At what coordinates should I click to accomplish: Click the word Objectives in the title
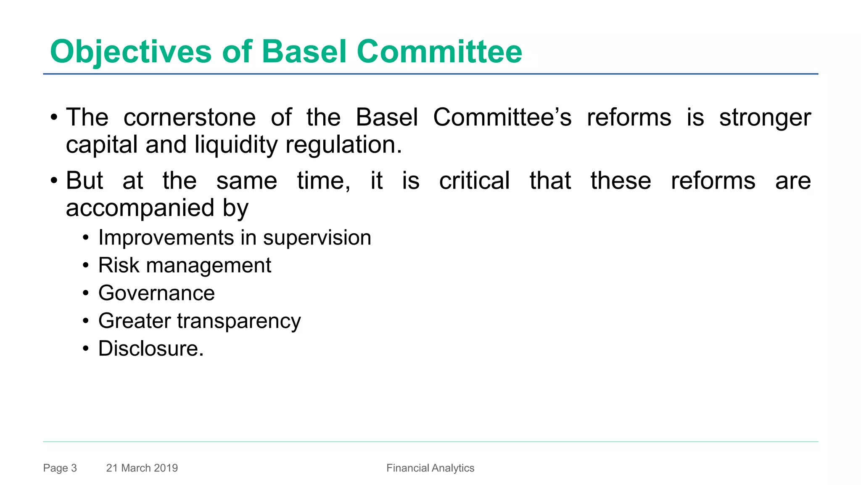tap(131, 52)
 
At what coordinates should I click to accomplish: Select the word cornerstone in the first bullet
tap(190, 117)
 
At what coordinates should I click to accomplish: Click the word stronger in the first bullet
tap(765, 117)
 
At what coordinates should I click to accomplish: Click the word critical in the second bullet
tap(475, 181)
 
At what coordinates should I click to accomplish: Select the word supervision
tap(317, 238)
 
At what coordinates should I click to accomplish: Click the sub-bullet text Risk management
tap(185, 266)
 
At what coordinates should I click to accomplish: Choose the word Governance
tap(156, 293)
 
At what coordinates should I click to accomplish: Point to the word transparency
tap(239, 321)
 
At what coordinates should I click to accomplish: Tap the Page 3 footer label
tap(60, 468)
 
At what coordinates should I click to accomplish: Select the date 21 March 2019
tap(142, 468)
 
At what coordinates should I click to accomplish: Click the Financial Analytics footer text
tap(430, 468)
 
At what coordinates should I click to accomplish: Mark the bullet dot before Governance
tap(86, 293)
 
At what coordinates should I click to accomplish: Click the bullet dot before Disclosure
tap(86, 349)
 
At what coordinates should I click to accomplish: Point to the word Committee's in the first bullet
tap(502, 117)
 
